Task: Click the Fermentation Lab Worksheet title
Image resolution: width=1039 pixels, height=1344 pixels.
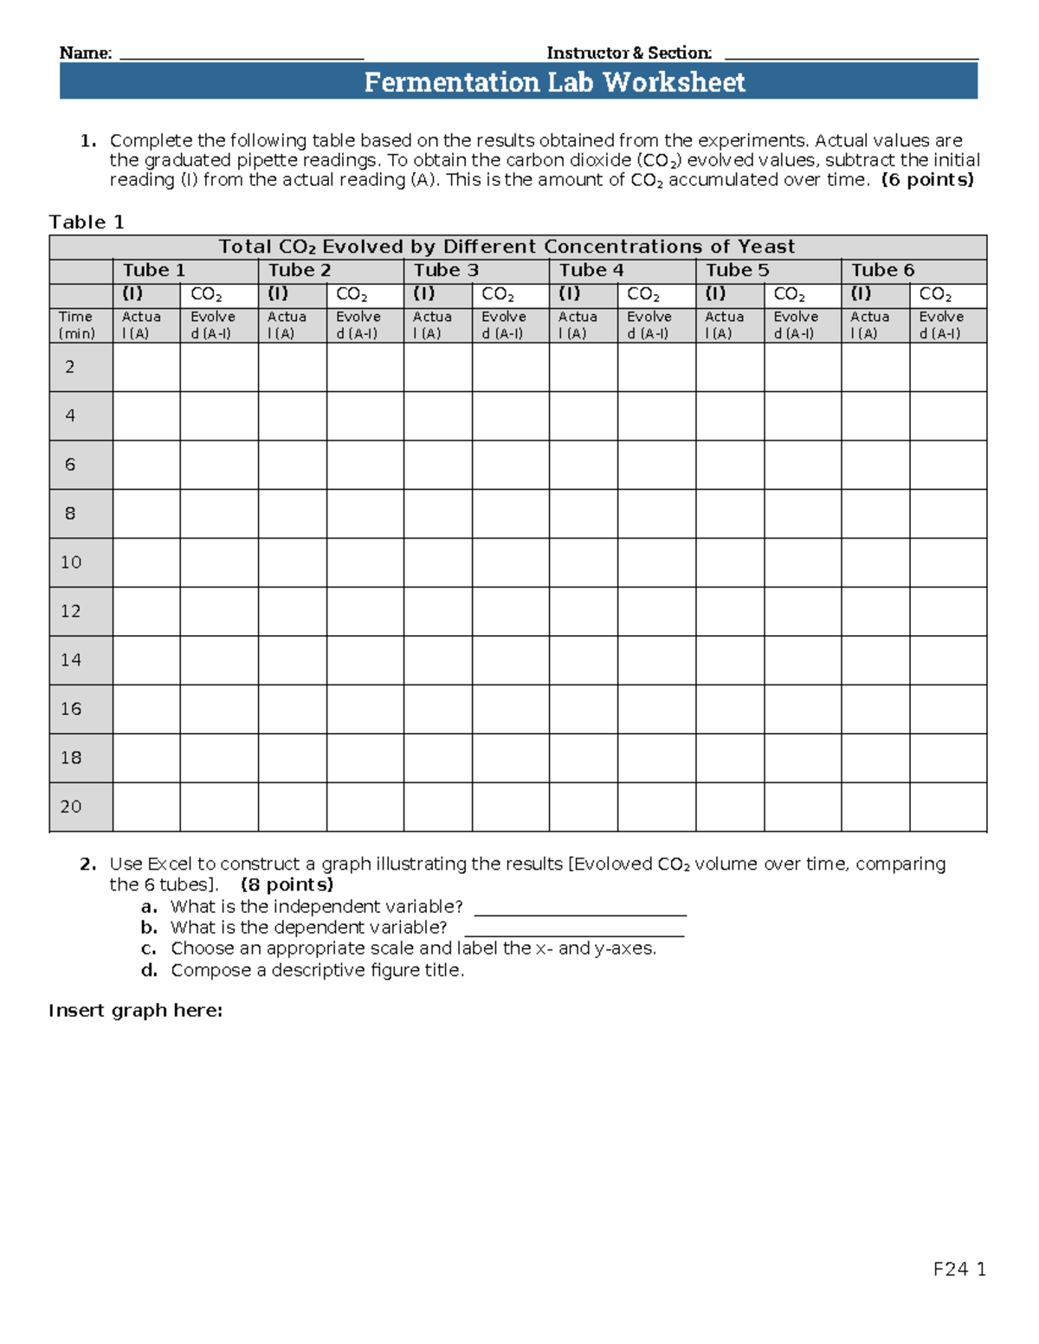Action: [554, 82]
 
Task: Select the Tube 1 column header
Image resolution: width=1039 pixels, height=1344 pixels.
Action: [154, 271]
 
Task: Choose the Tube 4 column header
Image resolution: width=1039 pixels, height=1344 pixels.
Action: [591, 271]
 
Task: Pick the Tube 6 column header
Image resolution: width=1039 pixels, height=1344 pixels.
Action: [882, 271]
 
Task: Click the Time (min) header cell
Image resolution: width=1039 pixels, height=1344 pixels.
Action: [76, 325]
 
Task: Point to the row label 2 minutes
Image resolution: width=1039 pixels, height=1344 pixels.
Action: [70, 367]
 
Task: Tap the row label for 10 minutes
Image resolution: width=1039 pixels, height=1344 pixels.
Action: [71, 563]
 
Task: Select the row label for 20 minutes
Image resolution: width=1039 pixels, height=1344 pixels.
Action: [71, 807]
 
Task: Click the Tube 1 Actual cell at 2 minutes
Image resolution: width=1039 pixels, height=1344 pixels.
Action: [146, 367]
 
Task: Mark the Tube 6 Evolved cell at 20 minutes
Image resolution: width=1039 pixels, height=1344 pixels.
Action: [948, 807]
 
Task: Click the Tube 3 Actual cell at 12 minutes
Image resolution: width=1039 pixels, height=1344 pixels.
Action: [438, 611]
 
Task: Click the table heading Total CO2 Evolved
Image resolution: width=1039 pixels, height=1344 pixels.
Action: [507, 247]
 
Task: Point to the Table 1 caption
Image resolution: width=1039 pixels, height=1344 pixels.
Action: [87, 222]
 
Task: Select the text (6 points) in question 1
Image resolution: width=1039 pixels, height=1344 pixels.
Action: [927, 180]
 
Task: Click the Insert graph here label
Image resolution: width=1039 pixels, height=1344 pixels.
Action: [135, 1011]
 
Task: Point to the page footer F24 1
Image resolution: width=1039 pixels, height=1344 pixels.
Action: [959, 1270]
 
